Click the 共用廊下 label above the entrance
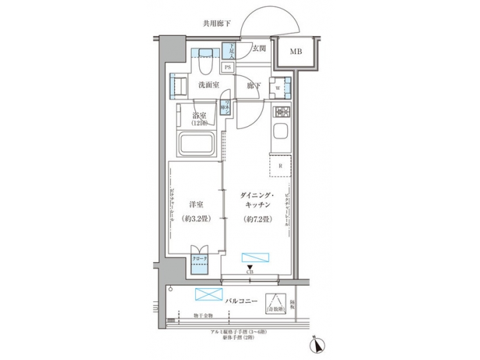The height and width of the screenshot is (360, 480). [x=218, y=24]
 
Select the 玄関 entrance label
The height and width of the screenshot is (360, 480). [x=260, y=48]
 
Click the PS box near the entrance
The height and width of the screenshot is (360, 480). [x=228, y=67]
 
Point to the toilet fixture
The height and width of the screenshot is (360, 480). [x=205, y=62]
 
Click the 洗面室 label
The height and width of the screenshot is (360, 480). [x=209, y=85]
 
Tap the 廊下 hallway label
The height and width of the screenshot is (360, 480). [x=253, y=85]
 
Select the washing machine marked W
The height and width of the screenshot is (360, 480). [x=279, y=87]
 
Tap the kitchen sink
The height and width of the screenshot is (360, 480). [x=280, y=130]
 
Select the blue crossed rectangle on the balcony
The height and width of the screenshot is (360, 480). [x=207, y=295]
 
